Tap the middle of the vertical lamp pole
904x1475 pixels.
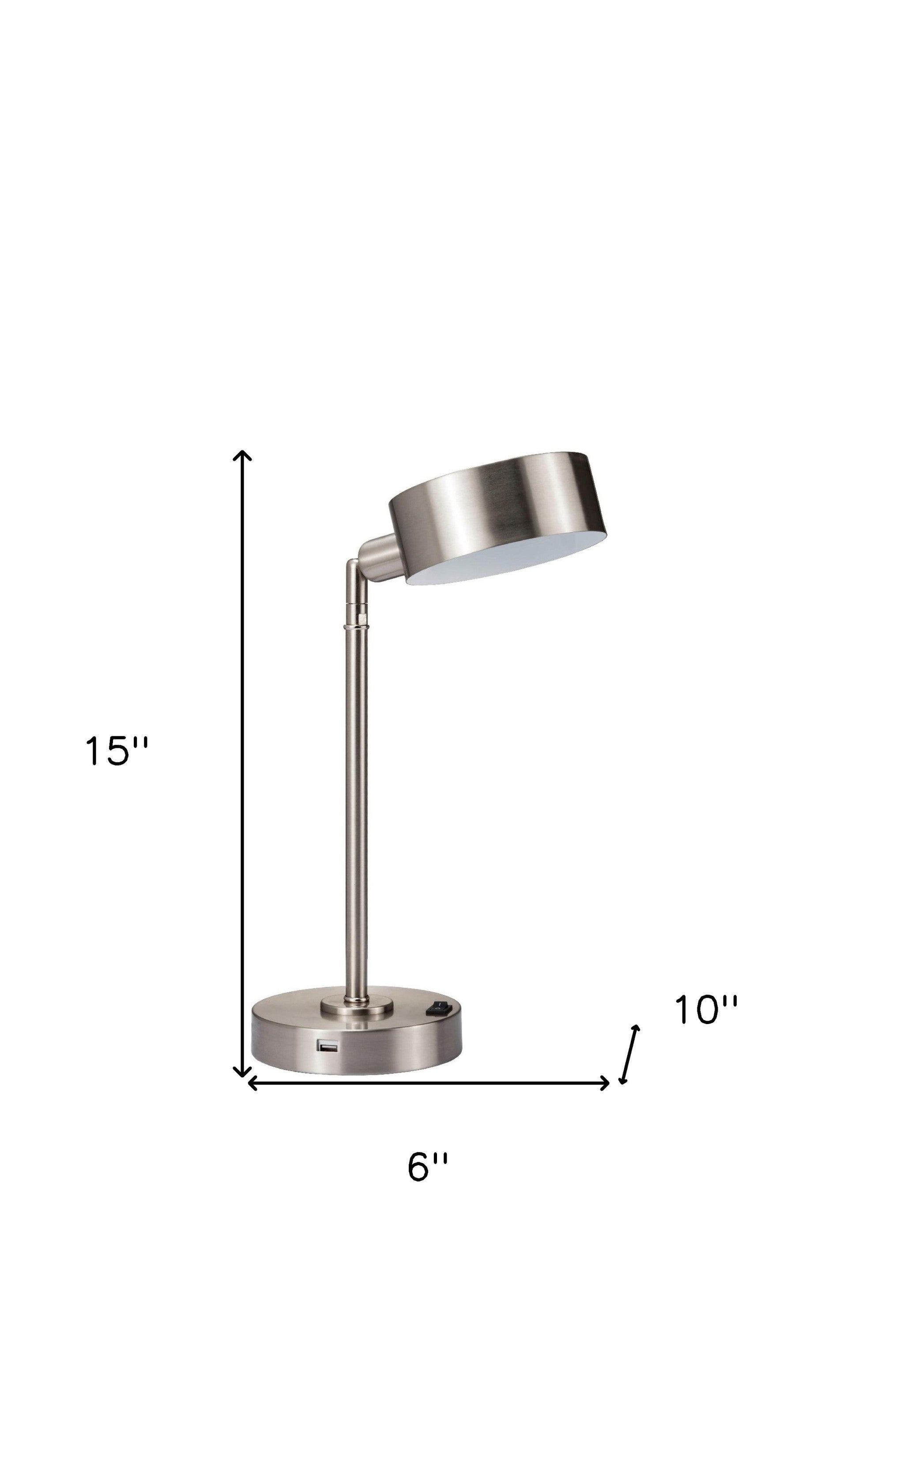click(356, 808)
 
